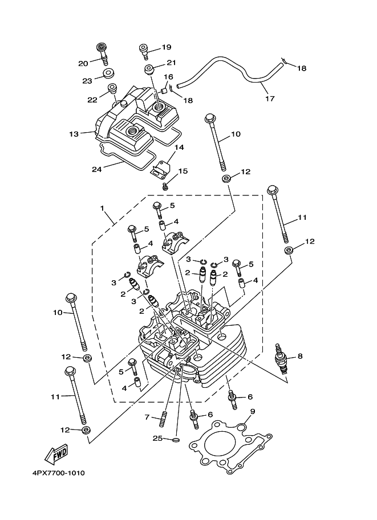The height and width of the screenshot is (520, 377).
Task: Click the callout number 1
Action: click(x=103, y=209)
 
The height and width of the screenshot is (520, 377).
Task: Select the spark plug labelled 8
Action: click(x=281, y=363)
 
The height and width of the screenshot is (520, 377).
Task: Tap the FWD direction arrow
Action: click(x=55, y=454)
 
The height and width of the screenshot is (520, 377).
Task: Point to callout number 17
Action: click(x=270, y=99)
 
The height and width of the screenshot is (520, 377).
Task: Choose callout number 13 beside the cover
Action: click(x=73, y=134)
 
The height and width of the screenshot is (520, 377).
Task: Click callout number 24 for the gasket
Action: click(x=98, y=169)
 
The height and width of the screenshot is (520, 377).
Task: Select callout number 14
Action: click(x=179, y=148)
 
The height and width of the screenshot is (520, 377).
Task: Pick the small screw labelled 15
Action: click(x=165, y=186)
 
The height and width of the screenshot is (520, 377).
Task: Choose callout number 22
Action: click(x=92, y=99)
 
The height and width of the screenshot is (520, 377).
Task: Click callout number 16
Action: click(x=169, y=76)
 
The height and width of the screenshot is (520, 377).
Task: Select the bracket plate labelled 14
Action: click(x=161, y=168)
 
